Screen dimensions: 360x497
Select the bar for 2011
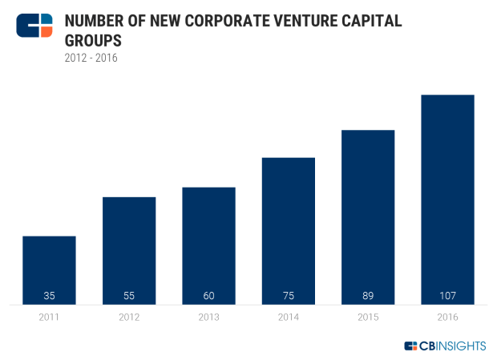(49, 270)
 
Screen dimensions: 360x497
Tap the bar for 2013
(208, 245)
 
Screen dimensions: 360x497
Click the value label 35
(49, 296)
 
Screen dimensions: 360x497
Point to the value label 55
(129, 296)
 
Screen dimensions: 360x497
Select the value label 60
(208, 296)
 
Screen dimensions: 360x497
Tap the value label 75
(288, 296)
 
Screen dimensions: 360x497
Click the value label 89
(368, 296)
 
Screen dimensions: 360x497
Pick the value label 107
(447, 296)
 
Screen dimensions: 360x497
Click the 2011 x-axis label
(49, 318)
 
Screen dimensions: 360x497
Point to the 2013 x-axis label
(208, 318)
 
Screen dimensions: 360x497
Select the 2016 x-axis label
(447, 318)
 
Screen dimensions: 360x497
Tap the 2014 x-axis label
(288, 318)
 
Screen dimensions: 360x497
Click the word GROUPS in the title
(95, 40)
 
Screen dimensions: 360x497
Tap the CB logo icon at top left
(34, 26)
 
